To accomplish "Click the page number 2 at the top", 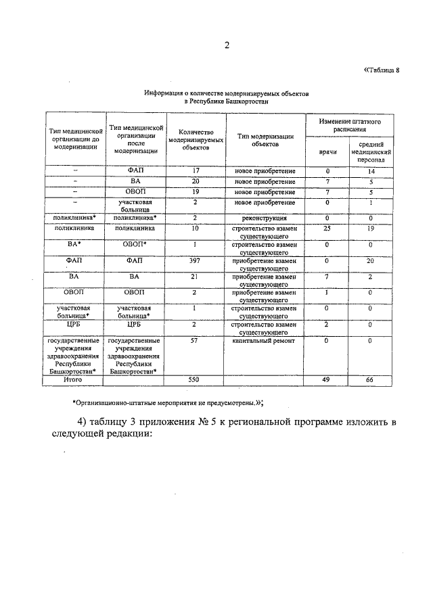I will [227, 46].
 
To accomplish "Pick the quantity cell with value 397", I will [195, 260].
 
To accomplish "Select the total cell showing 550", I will [195, 381].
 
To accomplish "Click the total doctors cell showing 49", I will [327, 381].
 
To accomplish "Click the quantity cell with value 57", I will [195, 342].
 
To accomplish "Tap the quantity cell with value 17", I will [195, 171].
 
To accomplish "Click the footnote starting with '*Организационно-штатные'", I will [168, 403].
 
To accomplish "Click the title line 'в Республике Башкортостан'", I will [227, 101].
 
